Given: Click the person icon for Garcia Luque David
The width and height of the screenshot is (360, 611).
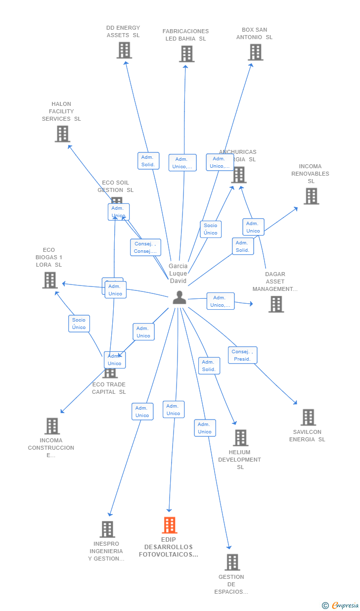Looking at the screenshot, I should point(180,297).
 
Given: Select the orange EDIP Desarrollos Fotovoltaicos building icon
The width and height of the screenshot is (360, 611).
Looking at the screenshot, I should point(169,525).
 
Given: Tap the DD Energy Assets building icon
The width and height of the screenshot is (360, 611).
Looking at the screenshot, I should point(124,50).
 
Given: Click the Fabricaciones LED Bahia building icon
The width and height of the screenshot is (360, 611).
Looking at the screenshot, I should point(186,54).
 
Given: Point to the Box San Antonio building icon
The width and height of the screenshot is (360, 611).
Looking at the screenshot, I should point(255,52).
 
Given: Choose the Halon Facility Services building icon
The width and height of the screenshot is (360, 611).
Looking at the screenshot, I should point(62,134).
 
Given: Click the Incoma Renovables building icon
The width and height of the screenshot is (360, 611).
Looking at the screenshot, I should point(311,196).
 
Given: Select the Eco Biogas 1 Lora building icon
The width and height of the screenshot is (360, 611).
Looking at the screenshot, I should point(49,280).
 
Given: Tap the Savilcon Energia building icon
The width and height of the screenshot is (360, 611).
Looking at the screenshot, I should point(308,417).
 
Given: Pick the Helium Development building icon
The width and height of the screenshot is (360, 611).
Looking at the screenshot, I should point(240,437).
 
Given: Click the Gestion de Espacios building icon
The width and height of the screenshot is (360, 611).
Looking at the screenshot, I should point(232,562).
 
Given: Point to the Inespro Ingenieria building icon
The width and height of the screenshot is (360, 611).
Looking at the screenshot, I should point(107,529).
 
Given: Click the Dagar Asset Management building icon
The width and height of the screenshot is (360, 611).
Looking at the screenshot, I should point(276,304).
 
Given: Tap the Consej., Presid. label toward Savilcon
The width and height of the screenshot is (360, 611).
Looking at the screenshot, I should point(242,355).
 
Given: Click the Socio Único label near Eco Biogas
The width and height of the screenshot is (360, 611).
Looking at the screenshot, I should point(79,324).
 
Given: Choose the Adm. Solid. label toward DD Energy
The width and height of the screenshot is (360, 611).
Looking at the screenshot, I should point(148,161).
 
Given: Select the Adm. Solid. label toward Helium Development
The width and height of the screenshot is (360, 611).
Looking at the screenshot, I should point(209,366).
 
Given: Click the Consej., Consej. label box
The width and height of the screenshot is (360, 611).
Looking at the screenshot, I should point(145,247).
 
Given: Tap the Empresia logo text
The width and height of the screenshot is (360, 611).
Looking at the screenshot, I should point(345,605).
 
